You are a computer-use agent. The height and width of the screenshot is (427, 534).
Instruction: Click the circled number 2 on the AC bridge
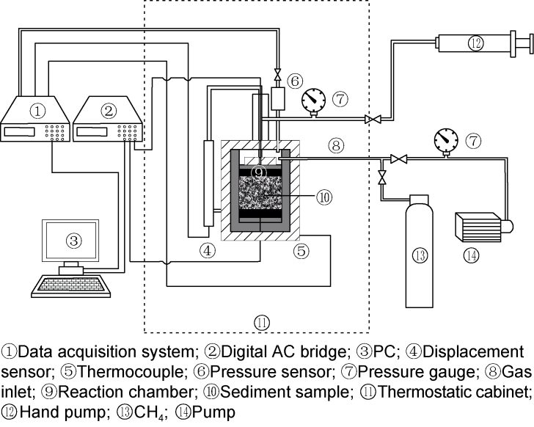109,112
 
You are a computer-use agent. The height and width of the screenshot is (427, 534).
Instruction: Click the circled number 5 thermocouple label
302,252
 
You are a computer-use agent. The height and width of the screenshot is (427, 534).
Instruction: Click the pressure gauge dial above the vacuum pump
445,139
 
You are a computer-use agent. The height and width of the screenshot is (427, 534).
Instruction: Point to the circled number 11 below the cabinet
261,321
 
